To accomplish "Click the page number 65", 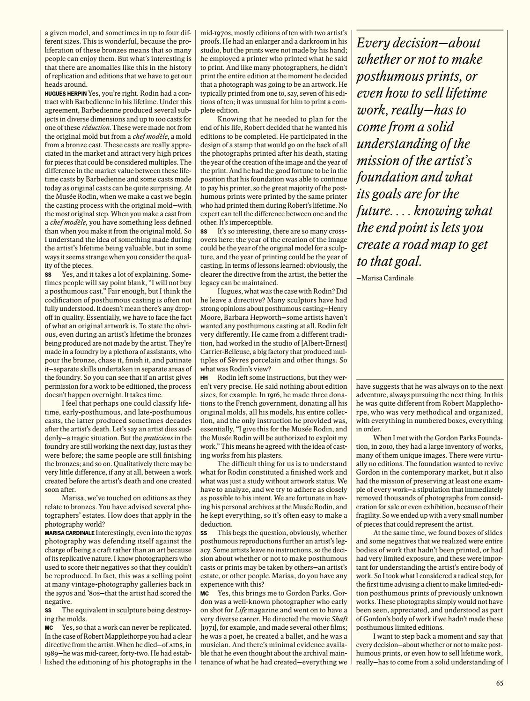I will [x=500, y=683].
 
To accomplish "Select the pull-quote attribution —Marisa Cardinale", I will [x=385, y=278].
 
